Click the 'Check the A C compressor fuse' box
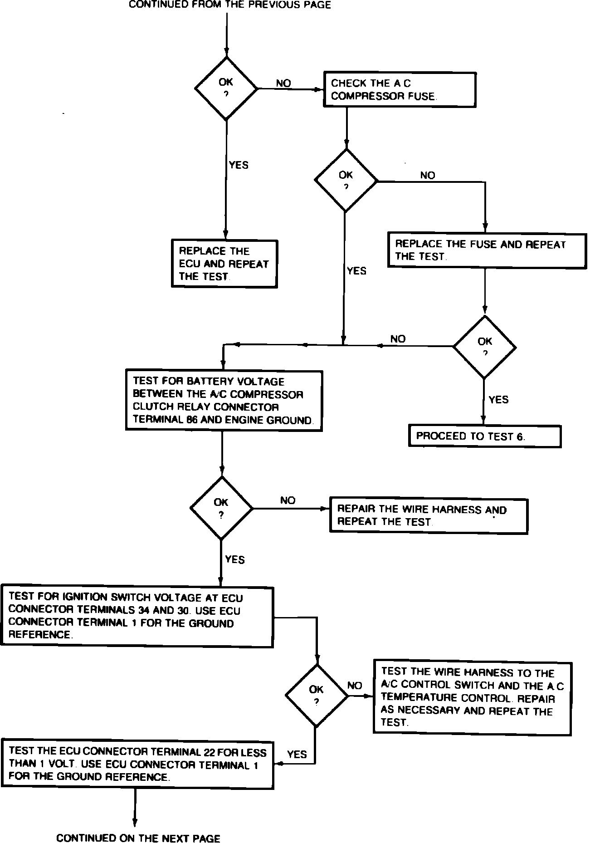coord(400,89)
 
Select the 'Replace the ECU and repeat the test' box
coord(224,264)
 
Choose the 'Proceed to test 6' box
coord(485,436)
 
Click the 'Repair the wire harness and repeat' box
coord(429,516)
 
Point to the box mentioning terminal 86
coord(224,401)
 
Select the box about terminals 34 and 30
coord(137,617)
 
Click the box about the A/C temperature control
coord(472,697)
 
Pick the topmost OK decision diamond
coord(226,88)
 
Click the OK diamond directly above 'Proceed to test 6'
coord(485,347)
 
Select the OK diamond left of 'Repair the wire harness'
coord(221,508)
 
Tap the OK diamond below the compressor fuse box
coord(346,181)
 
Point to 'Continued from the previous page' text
coord(230,5)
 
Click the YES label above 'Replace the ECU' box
coord(239,165)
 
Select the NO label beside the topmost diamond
coord(283,83)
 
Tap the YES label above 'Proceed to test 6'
coord(498,400)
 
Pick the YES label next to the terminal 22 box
coord(297,755)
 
